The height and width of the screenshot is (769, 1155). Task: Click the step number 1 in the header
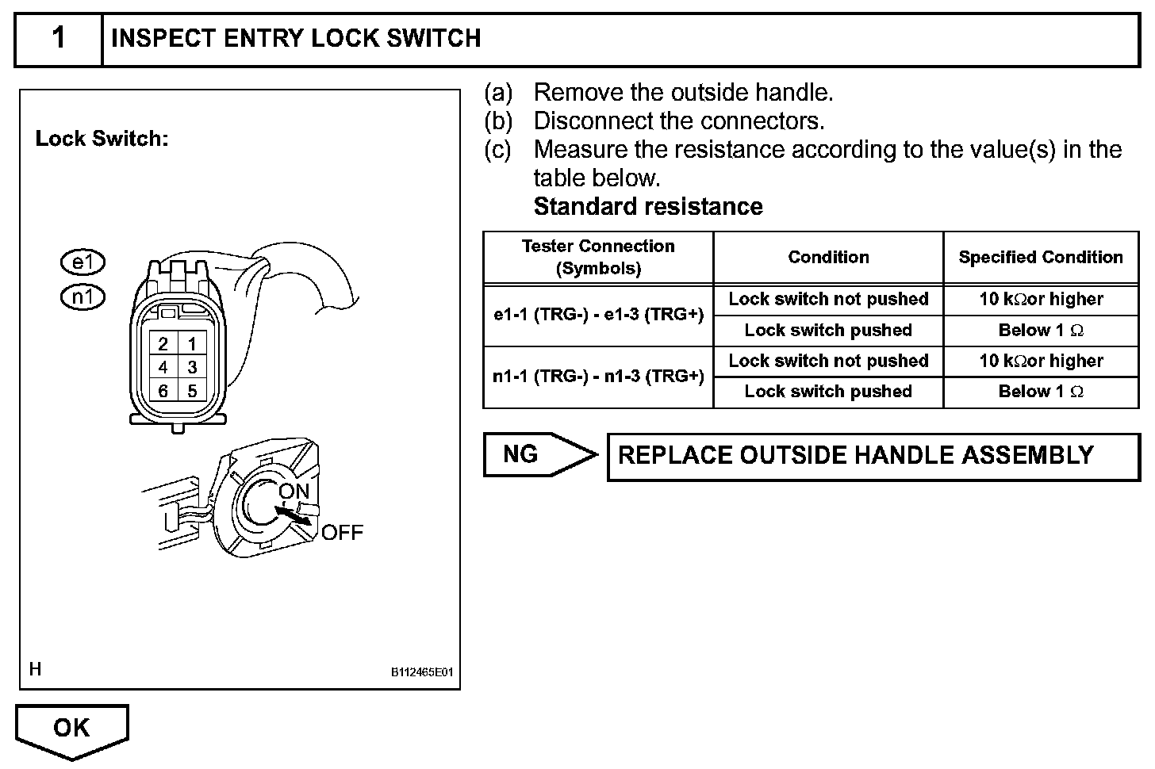pyautogui.click(x=59, y=38)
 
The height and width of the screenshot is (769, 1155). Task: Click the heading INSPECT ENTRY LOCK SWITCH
pyautogui.click(x=296, y=38)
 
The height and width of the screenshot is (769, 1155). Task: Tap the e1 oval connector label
pyautogui.click(x=82, y=262)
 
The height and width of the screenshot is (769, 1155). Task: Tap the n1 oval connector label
pyautogui.click(x=82, y=297)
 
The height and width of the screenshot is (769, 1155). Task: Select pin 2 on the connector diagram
pyautogui.click(x=163, y=344)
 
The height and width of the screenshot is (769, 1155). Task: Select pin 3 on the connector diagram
pyautogui.click(x=192, y=367)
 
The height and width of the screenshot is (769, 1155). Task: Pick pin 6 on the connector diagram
pyautogui.click(x=163, y=391)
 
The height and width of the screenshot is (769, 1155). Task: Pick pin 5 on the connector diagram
pyautogui.click(x=192, y=391)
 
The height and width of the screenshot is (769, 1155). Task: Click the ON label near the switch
pyautogui.click(x=294, y=492)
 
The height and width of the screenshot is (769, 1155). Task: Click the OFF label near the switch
pyautogui.click(x=342, y=532)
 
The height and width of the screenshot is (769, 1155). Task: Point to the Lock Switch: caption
pyautogui.click(x=102, y=139)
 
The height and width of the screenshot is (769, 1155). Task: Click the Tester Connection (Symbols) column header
pyautogui.click(x=598, y=257)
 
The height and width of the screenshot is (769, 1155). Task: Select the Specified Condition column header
pyautogui.click(x=1040, y=257)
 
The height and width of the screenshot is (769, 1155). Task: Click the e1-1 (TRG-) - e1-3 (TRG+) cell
pyautogui.click(x=598, y=315)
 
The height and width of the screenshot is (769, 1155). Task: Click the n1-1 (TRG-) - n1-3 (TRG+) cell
pyautogui.click(x=598, y=377)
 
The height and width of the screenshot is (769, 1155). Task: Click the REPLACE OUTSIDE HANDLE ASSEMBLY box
pyautogui.click(x=873, y=456)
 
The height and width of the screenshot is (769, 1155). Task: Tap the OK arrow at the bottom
pyautogui.click(x=71, y=728)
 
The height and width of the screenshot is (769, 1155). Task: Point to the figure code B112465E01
pyautogui.click(x=421, y=672)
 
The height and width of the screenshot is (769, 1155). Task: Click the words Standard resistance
pyautogui.click(x=648, y=207)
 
